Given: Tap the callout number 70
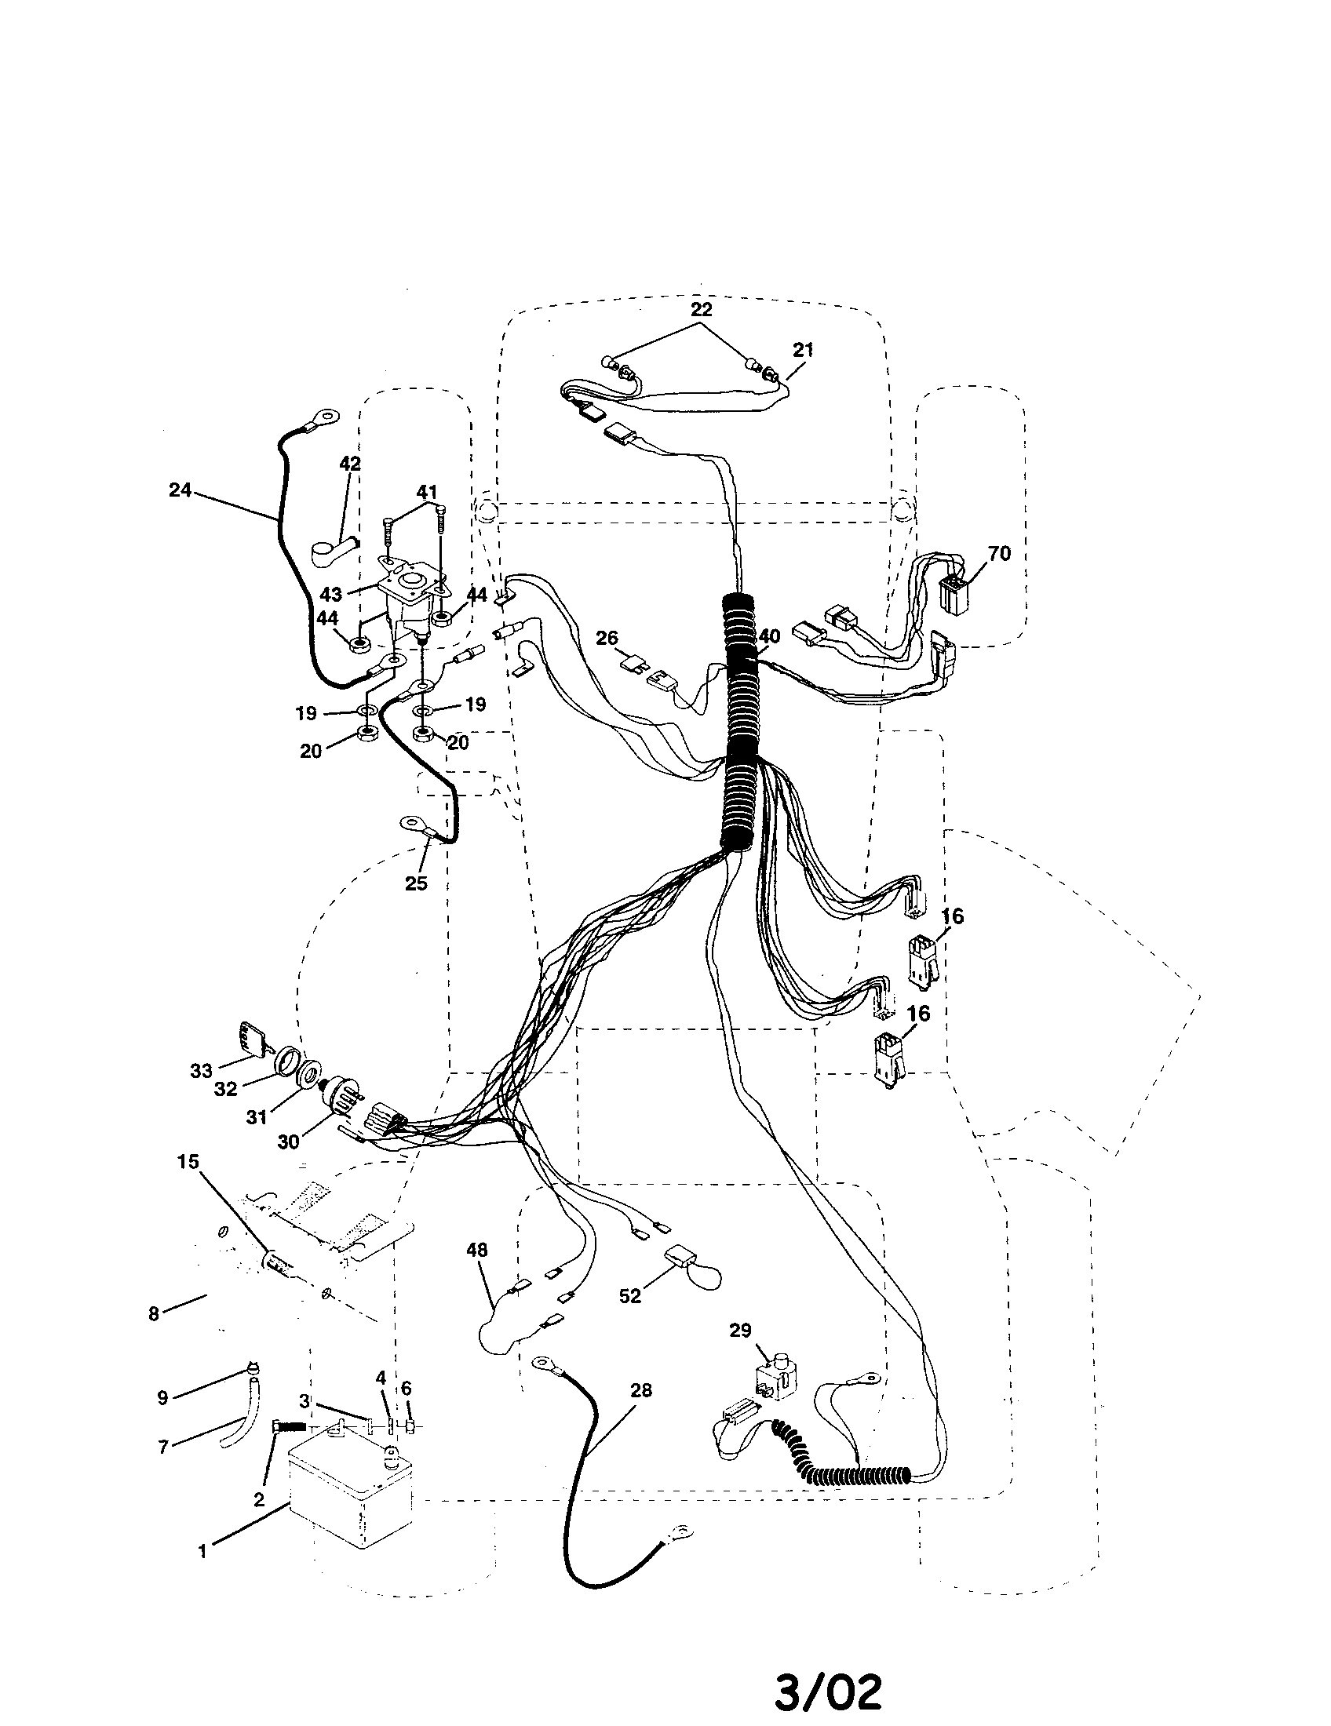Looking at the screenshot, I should pos(999,553).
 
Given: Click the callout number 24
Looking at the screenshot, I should pos(181,490).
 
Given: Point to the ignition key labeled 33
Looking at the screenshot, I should pos(250,1036).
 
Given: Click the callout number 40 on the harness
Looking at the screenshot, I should pos(769,636).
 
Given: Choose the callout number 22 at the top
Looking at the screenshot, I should pos(701,309).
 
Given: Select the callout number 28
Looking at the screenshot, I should pos(640,1390).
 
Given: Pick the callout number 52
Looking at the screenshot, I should pos(630,1297).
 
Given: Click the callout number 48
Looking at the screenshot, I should pos(476,1250).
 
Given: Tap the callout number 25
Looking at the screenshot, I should pos(416,883).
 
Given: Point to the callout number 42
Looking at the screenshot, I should pos(350,464).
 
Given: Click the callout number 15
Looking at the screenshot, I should pos(188,1162).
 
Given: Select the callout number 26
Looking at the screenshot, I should pos(607,638).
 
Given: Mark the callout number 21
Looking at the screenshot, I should pos(803,349).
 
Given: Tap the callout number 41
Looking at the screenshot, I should pos(427,493).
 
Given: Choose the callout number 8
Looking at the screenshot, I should pos(153,1313).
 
